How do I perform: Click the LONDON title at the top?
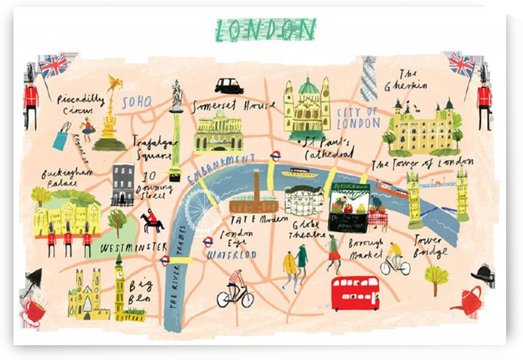265,29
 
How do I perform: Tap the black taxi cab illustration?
229,86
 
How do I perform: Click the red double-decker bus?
355,292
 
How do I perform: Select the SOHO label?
136,103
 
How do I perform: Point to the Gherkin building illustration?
369,79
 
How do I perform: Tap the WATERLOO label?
231,255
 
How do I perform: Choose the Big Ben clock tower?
120,284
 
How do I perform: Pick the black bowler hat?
483,273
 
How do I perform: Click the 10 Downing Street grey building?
123,183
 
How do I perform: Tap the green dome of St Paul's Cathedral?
309,87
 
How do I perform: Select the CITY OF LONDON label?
358,117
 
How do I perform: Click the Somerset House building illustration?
218,132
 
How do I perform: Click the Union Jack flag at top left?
53,66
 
